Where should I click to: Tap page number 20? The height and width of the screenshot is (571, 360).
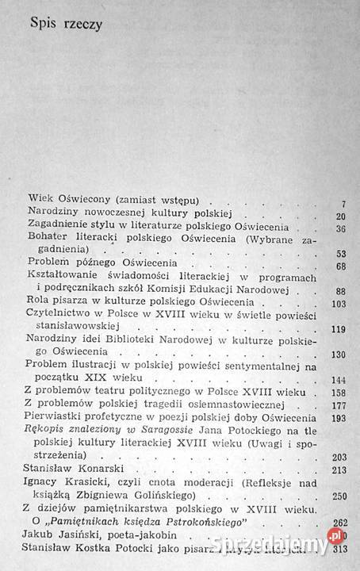[x=340, y=238]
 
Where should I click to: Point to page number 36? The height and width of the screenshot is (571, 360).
[x=340, y=251]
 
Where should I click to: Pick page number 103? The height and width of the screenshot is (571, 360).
[x=339, y=327]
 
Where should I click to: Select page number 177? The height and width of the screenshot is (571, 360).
[x=339, y=428]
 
